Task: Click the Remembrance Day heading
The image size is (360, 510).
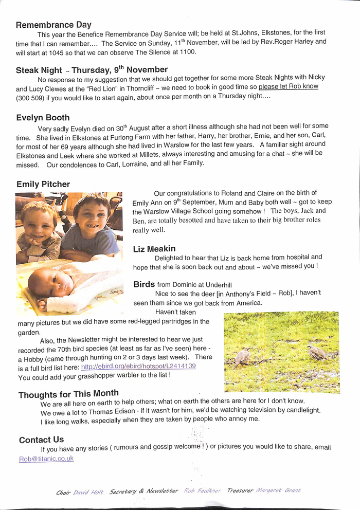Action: pos(53,25)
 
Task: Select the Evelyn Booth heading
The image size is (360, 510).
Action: pos(43,118)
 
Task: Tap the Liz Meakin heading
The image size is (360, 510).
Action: pos(154,249)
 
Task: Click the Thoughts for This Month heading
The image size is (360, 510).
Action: pos(68,394)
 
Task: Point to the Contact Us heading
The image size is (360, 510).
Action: pos(41,440)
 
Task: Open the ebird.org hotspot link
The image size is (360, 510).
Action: pos(138,367)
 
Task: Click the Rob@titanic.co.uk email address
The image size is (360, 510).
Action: pos(46,458)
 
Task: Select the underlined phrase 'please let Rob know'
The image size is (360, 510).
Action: pos(288,86)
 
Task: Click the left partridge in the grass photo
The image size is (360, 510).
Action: pos(242,356)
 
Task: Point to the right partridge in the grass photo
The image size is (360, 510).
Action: pos(316,352)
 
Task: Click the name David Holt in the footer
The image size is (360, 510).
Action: pos(88,492)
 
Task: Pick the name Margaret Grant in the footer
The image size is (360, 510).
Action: pos(278,490)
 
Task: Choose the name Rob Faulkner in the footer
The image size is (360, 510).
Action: pos(202,491)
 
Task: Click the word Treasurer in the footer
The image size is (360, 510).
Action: pos(240,490)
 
